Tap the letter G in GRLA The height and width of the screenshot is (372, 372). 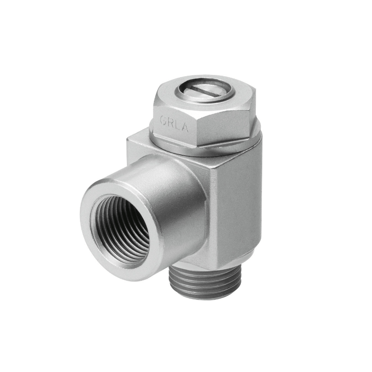164,121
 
